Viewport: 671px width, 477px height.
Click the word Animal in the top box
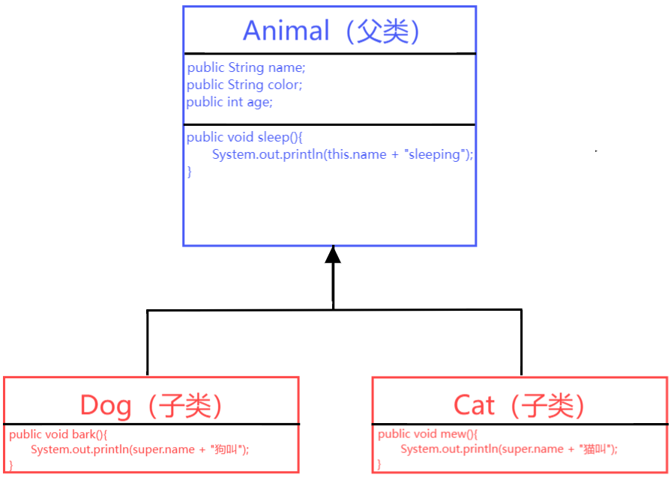286,31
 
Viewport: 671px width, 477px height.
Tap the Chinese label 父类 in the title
384,31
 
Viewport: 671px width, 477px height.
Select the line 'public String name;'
246,67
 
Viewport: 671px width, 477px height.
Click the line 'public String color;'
244,85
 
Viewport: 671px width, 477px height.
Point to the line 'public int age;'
229,102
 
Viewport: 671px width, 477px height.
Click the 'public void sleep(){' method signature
245,137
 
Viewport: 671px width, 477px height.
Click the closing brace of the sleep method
190,171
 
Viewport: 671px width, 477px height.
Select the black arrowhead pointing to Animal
333,255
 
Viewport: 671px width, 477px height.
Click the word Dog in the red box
106,405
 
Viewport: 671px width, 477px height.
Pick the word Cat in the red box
474,405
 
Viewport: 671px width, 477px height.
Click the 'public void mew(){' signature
427,434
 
